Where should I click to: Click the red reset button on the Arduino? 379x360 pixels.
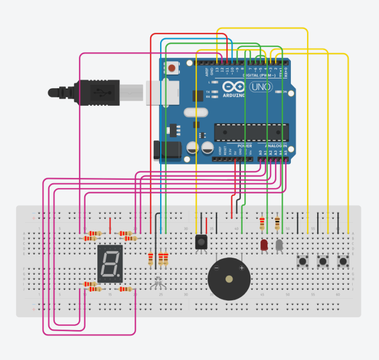pos(172,68)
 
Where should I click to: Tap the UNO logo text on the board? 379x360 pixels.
pos(262,87)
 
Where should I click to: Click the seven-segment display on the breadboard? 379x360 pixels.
pos(110,264)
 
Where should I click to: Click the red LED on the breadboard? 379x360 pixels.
pos(264,246)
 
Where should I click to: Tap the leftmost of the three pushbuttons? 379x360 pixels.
pos(303,262)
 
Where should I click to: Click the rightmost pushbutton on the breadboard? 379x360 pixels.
pos(344,262)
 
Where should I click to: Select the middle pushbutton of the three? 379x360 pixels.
pos(323,262)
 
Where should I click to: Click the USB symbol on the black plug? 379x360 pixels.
pos(100,93)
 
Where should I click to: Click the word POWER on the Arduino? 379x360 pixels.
pos(245,145)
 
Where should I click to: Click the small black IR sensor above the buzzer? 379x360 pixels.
pos(201,242)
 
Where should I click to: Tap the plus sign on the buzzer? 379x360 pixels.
pos(242,268)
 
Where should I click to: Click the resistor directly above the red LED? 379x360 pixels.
pos(262,223)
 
